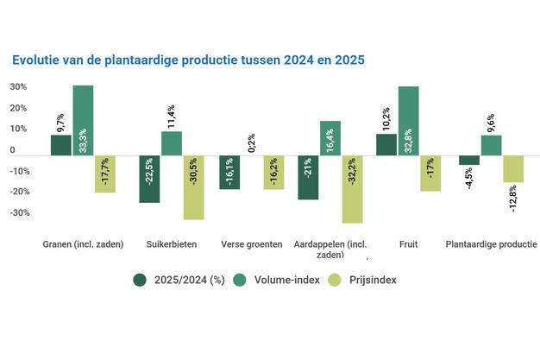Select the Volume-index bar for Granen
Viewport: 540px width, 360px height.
pyautogui.click(x=83, y=120)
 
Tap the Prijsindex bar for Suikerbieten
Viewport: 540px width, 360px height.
pyautogui.click(x=193, y=187)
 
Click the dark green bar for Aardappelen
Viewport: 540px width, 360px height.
pyautogui.click(x=308, y=177)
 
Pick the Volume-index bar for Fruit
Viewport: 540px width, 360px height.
pyautogui.click(x=408, y=121)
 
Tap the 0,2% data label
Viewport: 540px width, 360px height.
pyautogui.click(x=252, y=142)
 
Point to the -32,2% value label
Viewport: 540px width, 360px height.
pyautogui.click(x=353, y=180)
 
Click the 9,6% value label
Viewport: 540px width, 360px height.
pyautogui.click(x=493, y=121)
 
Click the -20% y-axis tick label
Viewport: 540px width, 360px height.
pyautogui.click(x=19, y=192)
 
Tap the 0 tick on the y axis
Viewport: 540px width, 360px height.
pyautogui.click(x=12, y=150)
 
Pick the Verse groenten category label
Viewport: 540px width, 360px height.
pyautogui.click(x=251, y=244)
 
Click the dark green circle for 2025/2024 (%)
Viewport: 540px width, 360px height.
pyautogui.click(x=141, y=280)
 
